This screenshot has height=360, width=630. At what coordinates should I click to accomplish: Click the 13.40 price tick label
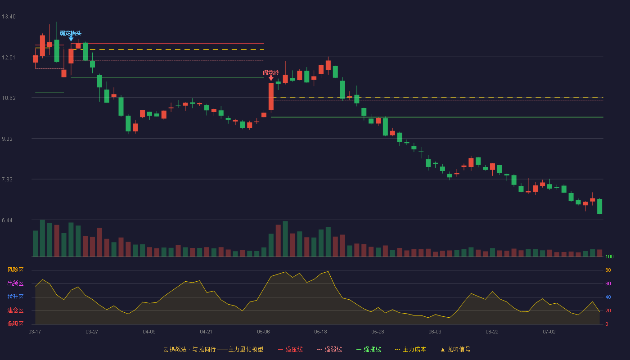tap(9, 17)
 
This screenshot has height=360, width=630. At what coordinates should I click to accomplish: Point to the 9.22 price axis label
tap(7, 139)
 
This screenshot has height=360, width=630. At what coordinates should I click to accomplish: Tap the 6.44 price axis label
tap(7, 220)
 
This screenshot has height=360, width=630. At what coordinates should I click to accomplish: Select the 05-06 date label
tap(263, 332)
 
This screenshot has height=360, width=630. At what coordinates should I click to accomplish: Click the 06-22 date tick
tap(492, 332)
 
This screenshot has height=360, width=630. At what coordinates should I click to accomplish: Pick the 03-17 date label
tap(35, 332)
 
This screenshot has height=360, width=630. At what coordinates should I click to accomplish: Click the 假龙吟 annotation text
tap(271, 73)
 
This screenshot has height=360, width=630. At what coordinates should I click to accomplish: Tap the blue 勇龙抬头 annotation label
tap(71, 33)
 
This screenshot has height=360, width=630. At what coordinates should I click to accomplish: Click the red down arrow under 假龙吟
tap(271, 78)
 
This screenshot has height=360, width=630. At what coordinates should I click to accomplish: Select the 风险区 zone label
tap(15, 270)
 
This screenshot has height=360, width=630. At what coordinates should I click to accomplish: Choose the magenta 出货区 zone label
tap(15, 283)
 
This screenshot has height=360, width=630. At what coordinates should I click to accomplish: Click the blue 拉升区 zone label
tap(15, 297)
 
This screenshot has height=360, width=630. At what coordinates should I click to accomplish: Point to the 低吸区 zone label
tap(15, 324)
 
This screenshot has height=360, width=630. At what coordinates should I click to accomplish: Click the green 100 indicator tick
tap(609, 256)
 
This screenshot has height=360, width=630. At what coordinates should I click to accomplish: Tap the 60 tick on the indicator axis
tap(608, 283)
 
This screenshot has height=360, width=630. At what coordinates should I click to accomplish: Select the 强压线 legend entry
tap(290, 349)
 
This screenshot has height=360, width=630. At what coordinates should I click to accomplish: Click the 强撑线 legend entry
tap(369, 349)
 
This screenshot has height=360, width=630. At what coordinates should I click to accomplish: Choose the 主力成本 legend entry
tap(410, 349)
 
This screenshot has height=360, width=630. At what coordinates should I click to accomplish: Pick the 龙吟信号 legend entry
tap(455, 349)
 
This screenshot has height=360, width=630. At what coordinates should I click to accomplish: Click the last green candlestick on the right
tap(599, 207)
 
